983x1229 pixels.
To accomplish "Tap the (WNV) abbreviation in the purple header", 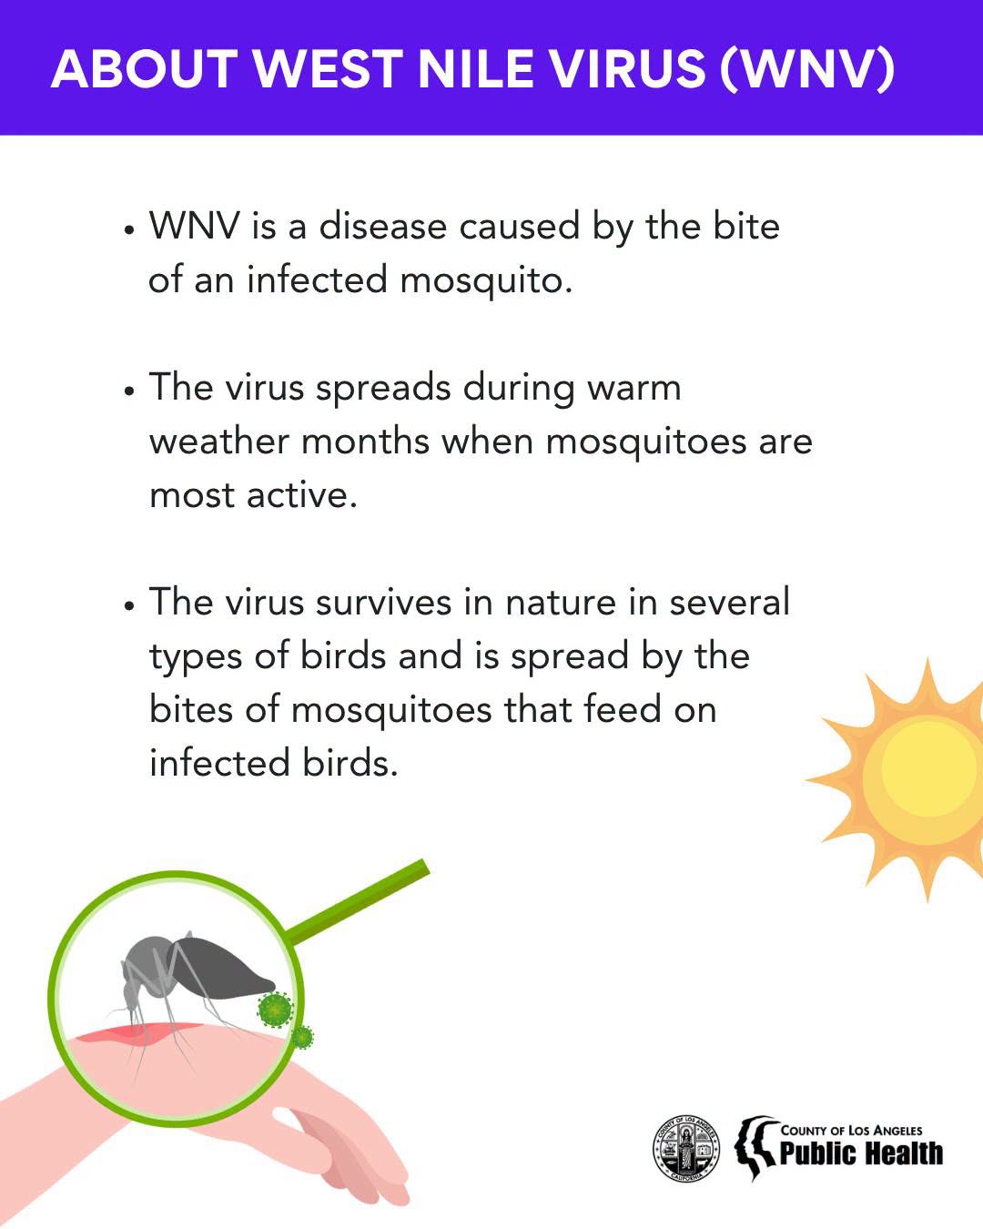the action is click(807, 70).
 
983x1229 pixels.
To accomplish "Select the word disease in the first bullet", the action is click(382, 226).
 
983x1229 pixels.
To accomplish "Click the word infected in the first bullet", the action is click(317, 279).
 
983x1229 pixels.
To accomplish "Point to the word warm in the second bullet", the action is click(634, 388).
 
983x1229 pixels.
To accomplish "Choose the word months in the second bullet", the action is click(366, 442).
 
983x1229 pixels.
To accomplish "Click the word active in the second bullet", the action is click(302, 494).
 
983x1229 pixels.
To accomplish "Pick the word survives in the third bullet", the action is click(384, 602).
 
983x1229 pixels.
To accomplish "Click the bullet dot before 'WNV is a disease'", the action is click(129, 230).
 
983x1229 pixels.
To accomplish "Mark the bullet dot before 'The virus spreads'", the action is click(129, 391).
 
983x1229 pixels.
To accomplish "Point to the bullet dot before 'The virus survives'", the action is click(129, 605).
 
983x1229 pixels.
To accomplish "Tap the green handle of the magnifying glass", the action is click(359, 902).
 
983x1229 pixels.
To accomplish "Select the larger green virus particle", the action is click(275, 1009).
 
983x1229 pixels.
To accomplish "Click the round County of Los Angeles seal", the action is click(686, 1149).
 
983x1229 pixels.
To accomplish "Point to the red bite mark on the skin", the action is click(137, 1034).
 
